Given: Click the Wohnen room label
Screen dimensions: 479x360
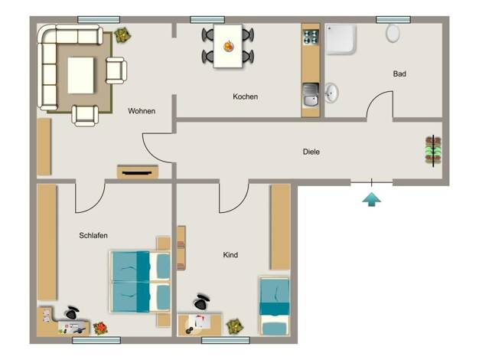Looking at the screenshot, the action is tap(142, 111).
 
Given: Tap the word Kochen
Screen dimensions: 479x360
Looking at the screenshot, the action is tap(246, 97).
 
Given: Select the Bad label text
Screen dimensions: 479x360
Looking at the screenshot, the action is tap(399, 74).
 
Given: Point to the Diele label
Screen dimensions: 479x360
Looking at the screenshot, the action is tap(311, 152).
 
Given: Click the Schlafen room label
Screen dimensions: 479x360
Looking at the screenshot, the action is tap(93, 235).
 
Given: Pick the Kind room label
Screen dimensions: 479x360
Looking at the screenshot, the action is tap(230, 255).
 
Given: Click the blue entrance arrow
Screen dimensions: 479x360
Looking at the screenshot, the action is tap(371, 199).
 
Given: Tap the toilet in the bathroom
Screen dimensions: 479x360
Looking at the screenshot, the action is tap(393, 33).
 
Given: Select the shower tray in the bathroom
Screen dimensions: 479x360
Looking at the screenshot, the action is tap(341, 40).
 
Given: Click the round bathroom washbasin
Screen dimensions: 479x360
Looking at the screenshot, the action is tap(331, 93).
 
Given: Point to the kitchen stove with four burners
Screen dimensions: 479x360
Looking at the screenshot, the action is tap(311, 37).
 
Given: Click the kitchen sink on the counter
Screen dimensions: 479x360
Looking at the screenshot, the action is tap(311, 96).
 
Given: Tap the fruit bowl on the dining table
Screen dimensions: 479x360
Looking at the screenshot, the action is tap(229, 46).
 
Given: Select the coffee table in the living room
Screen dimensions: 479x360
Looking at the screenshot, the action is tap(80, 75).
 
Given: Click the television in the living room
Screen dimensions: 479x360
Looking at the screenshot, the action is tap(137, 173).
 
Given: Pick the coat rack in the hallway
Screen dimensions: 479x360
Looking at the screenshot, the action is tap(433, 151).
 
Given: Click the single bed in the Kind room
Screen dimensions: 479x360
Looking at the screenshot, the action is tap(275, 306).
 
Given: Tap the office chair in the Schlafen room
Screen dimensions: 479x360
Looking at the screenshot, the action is tap(72, 313).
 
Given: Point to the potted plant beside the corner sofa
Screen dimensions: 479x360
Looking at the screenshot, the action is tap(122, 35).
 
